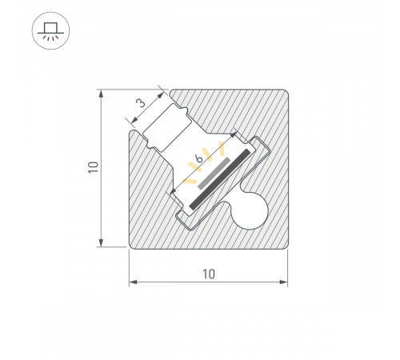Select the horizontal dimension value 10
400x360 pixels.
point(209,274)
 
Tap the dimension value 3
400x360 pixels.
point(140,103)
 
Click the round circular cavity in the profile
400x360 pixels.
point(252,212)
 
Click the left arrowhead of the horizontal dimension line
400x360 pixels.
point(134,282)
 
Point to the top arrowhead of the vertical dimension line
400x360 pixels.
point(102,94)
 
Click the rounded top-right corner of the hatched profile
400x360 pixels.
point(282,94)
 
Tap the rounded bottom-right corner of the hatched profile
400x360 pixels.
point(282,244)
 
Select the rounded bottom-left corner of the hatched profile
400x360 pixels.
point(134,244)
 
